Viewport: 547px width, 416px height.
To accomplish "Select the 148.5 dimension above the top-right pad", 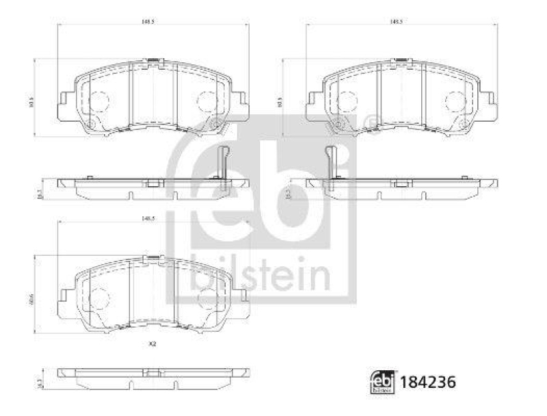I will [x=396, y=21].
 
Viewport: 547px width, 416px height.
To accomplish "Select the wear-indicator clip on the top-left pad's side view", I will [x=222, y=165].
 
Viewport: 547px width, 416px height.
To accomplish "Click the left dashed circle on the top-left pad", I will [x=100, y=102].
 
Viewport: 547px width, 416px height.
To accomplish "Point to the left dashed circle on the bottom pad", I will [x=100, y=298].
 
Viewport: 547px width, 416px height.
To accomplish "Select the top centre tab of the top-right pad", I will [x=401, y=61].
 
